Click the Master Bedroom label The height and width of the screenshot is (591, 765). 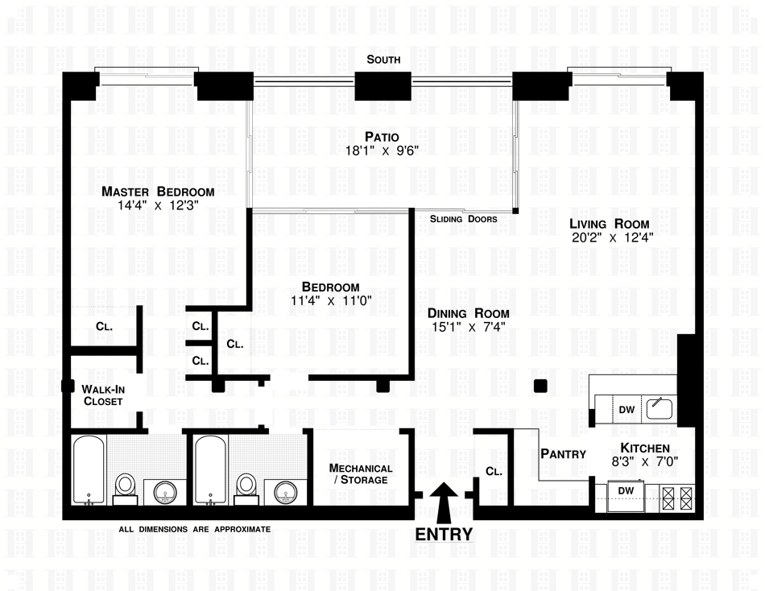click(158, 192)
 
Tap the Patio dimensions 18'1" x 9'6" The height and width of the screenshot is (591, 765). click(382, 151)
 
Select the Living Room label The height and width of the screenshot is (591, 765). click(610, 224)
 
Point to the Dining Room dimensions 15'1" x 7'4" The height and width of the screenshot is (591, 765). click(469, 327)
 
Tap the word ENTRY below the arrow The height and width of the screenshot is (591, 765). click(444, 535)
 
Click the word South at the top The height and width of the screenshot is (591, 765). click(383, 60)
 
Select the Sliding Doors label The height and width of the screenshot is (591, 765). click(464, 219)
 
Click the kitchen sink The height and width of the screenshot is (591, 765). click(660, 408)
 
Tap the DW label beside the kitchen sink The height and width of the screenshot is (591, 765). click(626, 410)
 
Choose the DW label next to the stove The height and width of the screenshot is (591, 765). click(626, 491)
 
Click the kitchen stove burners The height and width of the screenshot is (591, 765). click(677, 498)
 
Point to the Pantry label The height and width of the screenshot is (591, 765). click(563, 454)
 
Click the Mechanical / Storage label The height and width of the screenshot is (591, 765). click(361, 474)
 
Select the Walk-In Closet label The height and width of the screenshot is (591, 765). click(103, 395)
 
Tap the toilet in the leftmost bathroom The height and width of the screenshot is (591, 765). click(126, 490)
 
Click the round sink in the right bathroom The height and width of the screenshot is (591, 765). click(286, 493)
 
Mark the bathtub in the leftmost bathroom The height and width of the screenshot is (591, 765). click(89, 470)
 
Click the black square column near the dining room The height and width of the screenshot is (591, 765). click(540, 386)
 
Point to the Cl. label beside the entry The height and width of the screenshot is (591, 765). click(494, 472)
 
